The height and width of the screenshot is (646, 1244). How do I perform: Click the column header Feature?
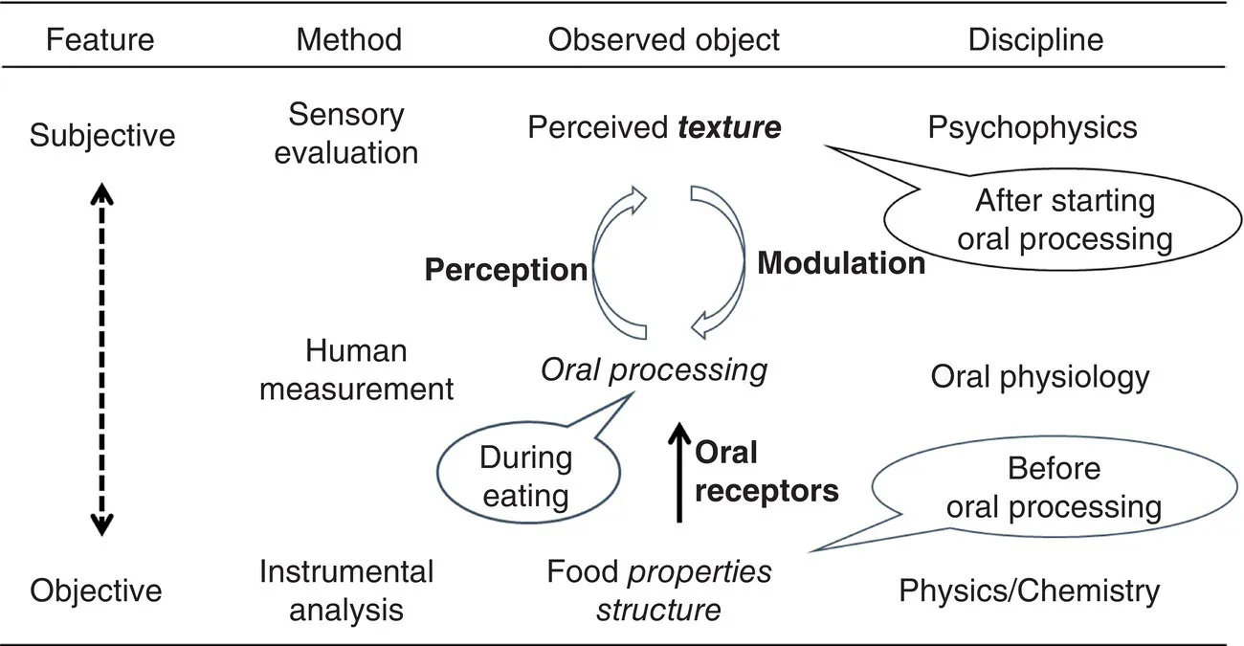click(100, 39)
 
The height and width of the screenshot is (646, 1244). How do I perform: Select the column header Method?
click(348, 39)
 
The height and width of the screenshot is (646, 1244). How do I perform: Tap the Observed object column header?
click(663, 39)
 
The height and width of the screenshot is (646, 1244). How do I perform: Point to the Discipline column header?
click(1035, 39)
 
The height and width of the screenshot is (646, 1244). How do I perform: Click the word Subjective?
click(102, 135)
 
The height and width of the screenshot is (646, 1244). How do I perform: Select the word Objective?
click(97, 590)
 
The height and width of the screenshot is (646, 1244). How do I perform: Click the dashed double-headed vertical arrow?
click(101, 358)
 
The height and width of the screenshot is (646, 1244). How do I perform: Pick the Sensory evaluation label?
click(346, 134)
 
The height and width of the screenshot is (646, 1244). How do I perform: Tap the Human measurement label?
click(356, 369)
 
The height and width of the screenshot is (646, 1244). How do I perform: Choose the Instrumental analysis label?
click(346, 590)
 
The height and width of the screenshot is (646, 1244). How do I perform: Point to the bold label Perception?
click(505, 271)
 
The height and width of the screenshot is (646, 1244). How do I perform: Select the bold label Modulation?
click(841, 263)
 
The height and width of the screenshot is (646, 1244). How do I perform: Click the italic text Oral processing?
click(654, 369)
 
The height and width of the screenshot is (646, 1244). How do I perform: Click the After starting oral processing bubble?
click(1064, 220)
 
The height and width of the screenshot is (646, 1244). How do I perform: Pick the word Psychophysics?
click(1033, 127)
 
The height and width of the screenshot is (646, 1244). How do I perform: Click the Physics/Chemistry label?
click(1029, 590)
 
